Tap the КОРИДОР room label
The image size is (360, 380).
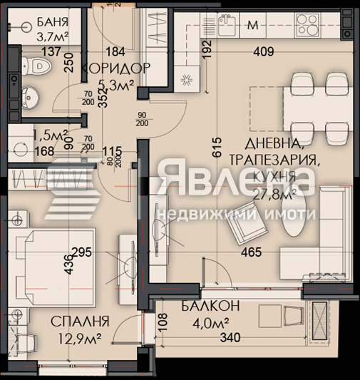[115, 68]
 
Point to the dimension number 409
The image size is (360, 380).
[266, 51]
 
